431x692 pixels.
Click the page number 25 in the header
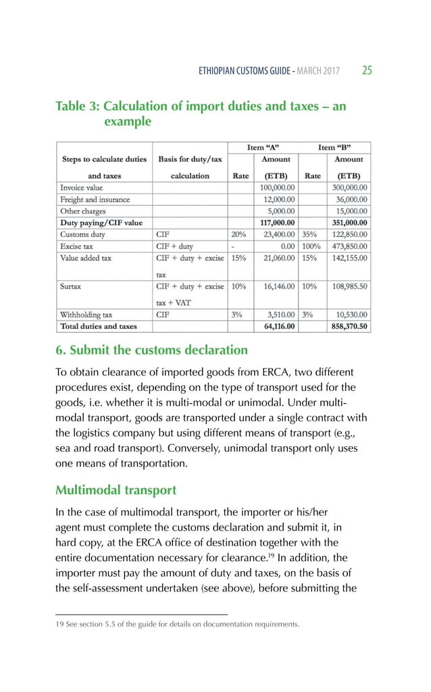(x=367, y=70)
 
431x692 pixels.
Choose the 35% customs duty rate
(x=311, y=234)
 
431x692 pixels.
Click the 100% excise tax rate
(x=311, y=246)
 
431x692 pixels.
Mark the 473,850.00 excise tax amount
(x=347, y=246)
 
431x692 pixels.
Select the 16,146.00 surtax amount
(x=278, y=286)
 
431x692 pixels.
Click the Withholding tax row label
(x=87, y=314)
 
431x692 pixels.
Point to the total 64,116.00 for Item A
(x=280, y=326)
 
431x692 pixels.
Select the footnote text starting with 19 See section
(x=176, y=624)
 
